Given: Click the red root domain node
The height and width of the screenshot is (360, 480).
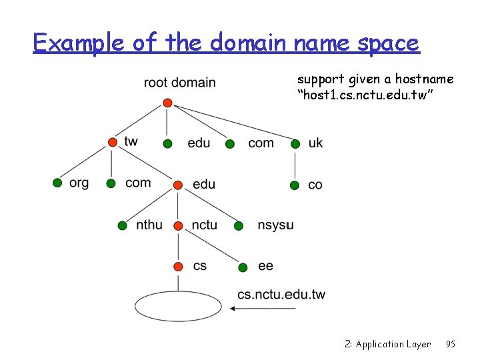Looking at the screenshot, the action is (x=168, y=103).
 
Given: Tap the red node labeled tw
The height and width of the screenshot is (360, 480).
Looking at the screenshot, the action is (x=113, y=143).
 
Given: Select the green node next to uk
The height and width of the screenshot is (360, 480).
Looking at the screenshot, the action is (x=295, y=143).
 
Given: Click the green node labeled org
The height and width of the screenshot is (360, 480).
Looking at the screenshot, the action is (x=57, y=183).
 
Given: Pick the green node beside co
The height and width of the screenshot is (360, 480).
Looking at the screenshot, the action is (x=295, y=185).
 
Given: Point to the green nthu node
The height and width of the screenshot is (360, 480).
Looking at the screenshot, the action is (x=122, y=225).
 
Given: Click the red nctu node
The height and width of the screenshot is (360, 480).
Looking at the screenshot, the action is (x=178, y=225).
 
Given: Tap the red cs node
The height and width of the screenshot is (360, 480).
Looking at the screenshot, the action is (x=178, y=267).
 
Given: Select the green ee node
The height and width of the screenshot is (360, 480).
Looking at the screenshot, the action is (x=243, y=267).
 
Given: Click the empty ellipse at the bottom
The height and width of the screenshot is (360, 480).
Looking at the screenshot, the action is (x=178, y=307).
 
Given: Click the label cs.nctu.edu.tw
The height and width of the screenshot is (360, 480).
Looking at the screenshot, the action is (x=281, y=294).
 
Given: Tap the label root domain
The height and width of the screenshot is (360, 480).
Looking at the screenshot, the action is (x=179, y=83).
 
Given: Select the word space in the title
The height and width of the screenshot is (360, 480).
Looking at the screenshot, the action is (x=389, y=44).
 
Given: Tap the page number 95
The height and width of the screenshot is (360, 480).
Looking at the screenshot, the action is (x=450, y=344).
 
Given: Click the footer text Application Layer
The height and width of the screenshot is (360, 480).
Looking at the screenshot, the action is (x=393, y=344).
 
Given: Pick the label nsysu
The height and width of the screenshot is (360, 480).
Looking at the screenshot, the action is (x=275, y=225).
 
